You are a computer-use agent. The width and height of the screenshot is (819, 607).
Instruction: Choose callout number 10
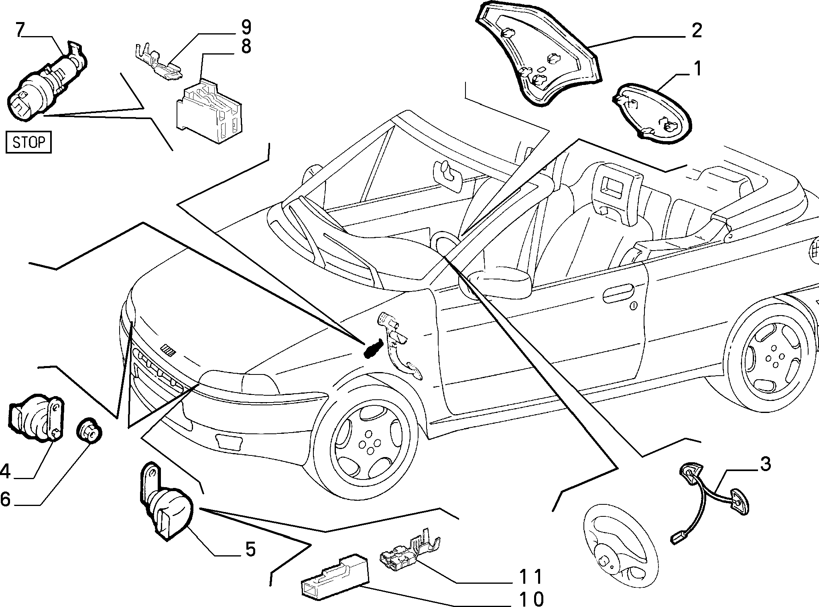[530, 599]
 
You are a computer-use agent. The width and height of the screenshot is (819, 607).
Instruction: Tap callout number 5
[250, 549]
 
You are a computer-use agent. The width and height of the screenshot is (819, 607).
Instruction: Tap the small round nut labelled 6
[89, 431]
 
